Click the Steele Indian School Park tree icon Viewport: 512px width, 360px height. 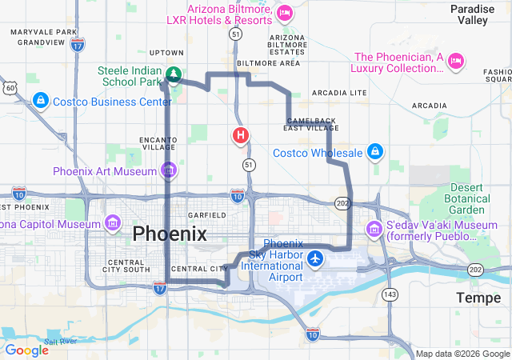click(173, 75)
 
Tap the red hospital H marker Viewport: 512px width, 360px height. click(240, 135)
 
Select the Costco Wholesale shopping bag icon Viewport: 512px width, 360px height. click(374, 152)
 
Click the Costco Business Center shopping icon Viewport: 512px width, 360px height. click(39, 101)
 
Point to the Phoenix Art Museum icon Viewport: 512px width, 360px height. click(168, 170)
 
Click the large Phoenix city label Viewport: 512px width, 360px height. click(170, 234)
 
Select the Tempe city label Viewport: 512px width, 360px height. click(478, 298)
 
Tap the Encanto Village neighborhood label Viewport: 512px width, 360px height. click(158, 142)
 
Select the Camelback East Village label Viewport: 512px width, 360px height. click(311, 124)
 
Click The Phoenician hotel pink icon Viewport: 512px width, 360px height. click(456, 60)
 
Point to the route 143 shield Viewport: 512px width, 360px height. click(390, 295)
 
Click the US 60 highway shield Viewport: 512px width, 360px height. click(9, 86)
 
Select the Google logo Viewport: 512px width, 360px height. click(26, 350)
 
